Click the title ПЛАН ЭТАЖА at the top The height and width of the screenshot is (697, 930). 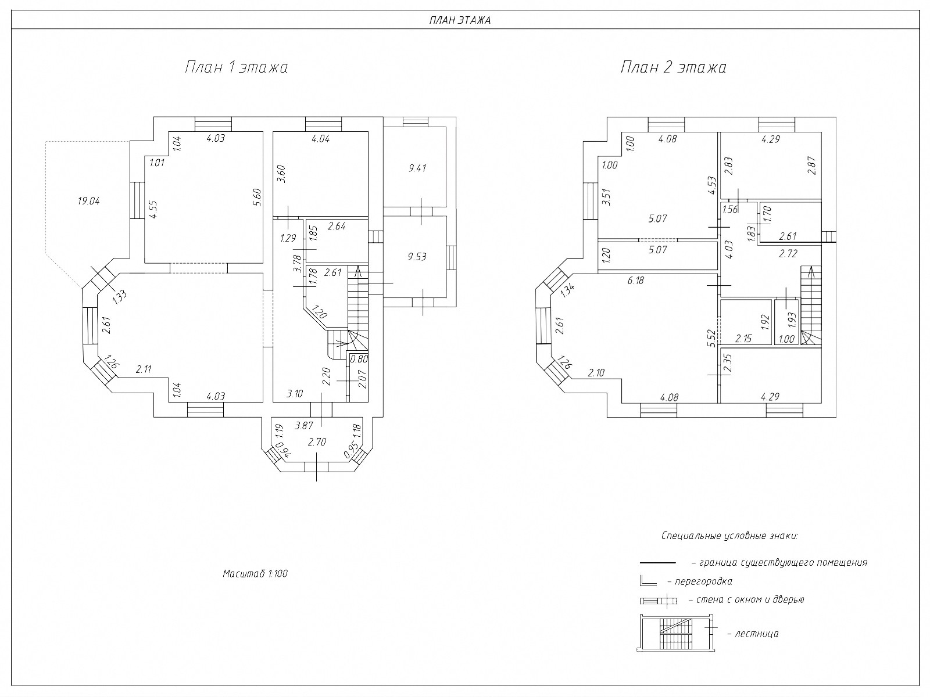click(x=460, y=20)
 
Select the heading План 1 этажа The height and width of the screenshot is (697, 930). click(x=237, y=67)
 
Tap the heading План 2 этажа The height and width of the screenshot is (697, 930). click(x=674, y=67)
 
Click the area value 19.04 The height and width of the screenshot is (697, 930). click(x=88, y=201)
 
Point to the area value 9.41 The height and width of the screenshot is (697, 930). click(x=417, y=168)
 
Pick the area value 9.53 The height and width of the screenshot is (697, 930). click(x=417, y=257)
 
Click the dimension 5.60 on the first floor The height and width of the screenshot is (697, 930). click(x=257, y=197)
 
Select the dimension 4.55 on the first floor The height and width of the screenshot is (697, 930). click(x=153, y=210)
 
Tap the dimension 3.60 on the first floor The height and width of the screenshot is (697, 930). click(x=281, y=174)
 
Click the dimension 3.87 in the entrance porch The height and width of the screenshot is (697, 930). click(x=304, y=426)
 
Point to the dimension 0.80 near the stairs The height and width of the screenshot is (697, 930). click(x=359, y=360)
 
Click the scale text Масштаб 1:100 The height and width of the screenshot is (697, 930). click(x=255, y=574)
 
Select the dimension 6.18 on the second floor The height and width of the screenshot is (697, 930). click(x=636, y=281)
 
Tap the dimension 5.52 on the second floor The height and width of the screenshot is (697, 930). click(x=711, y=339)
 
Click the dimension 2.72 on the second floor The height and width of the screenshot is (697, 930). click(x=789, y=253)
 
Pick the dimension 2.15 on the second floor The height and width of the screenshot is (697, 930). click(x=743, y=339)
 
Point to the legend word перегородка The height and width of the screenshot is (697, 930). click(x=703, y=581)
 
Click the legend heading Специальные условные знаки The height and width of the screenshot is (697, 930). click(x=729, y=536)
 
